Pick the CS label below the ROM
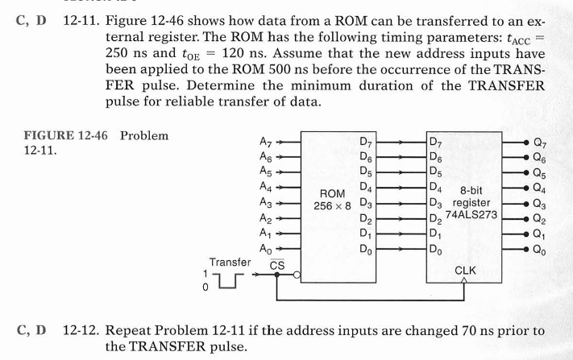click(x=276, y=264)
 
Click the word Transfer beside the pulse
click(x=230, y=262)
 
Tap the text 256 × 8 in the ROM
click(x=333, y=206)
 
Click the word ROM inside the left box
click(x=333, y=193)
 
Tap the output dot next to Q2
click(x=525, y=219)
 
